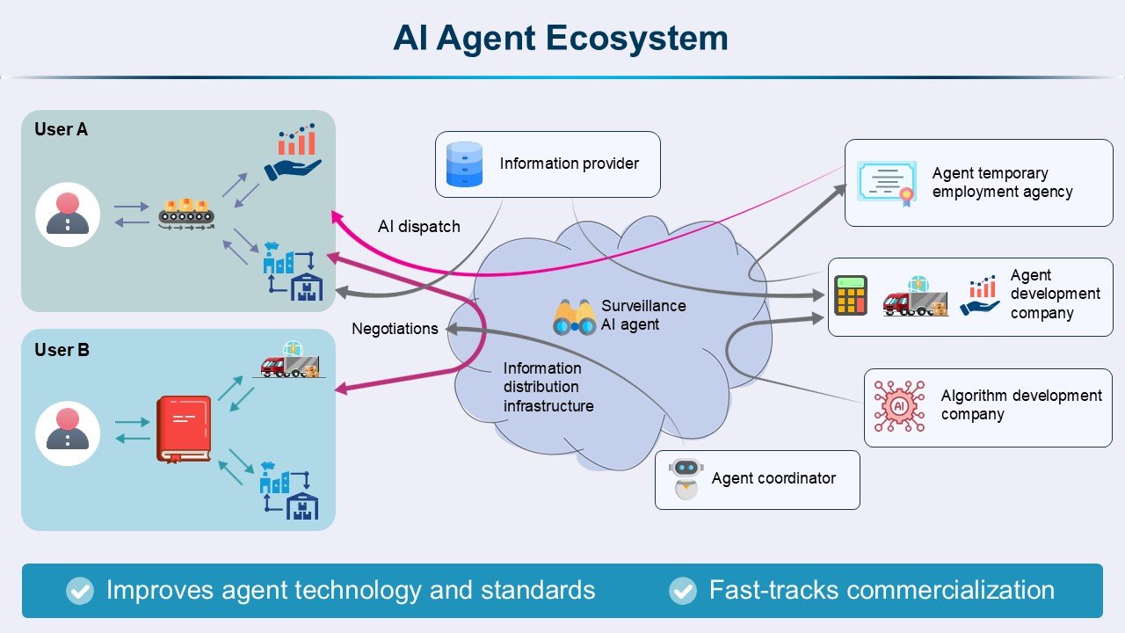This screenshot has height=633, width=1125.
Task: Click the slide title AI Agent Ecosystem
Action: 560,39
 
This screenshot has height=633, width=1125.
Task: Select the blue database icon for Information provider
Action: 465,164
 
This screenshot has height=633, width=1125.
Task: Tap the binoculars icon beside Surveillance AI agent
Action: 574,317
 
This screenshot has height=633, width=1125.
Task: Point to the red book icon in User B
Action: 184,429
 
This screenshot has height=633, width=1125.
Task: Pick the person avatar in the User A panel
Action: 68,214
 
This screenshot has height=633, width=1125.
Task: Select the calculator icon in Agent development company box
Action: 851,295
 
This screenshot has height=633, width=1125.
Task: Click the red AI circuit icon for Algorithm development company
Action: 899,406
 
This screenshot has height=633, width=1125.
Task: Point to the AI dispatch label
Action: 418,226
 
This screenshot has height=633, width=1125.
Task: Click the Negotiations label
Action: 395,329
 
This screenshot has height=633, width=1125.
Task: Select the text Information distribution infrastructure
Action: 548,387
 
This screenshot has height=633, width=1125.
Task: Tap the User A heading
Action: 61,129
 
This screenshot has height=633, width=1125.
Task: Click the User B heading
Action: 62,350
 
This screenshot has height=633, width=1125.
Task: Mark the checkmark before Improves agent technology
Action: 80,591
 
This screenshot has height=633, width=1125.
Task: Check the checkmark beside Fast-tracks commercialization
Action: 682,591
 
